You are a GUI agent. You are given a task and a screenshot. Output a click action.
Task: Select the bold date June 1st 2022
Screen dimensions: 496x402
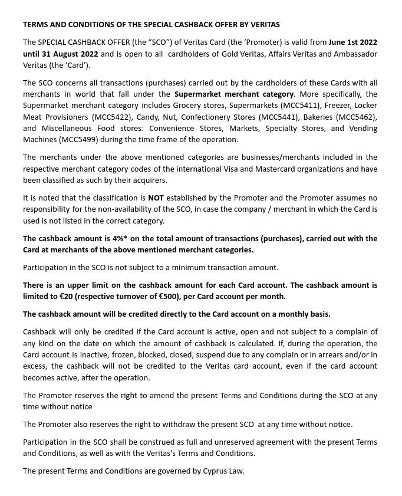pyautogui.click(x=353, y=42)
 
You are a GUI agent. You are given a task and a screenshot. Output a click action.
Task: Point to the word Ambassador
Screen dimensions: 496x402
pyautogui.click(x=352, y=54)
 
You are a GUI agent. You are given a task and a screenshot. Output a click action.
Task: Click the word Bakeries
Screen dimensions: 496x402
pyautogui.click(x=318, y=117)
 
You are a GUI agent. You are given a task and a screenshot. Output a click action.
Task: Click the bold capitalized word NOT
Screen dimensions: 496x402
pyautogui.click(x=156, y=198)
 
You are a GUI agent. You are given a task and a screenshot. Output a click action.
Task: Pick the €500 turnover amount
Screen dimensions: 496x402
pyautogui.click(x=167, y=296)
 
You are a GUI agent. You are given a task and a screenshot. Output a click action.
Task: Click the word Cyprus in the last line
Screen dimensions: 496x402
pyautogui.click(x=215, y=471)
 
